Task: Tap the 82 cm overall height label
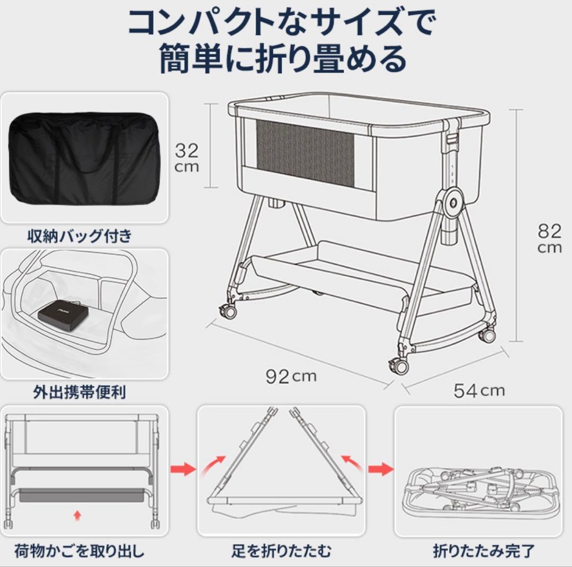tap(549, 238)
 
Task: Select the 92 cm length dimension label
tap(290, 376)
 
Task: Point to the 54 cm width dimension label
tap(479, 391)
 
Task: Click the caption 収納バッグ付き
tap(79, 236)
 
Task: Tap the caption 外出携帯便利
tap(79, 393)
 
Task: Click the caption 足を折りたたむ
tap(281, 551)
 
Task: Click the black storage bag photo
tap(85, 158)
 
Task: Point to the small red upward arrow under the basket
tap(78, 514)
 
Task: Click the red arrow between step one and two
tap(182, 469)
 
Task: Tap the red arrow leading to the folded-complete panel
tap(380, 469)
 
